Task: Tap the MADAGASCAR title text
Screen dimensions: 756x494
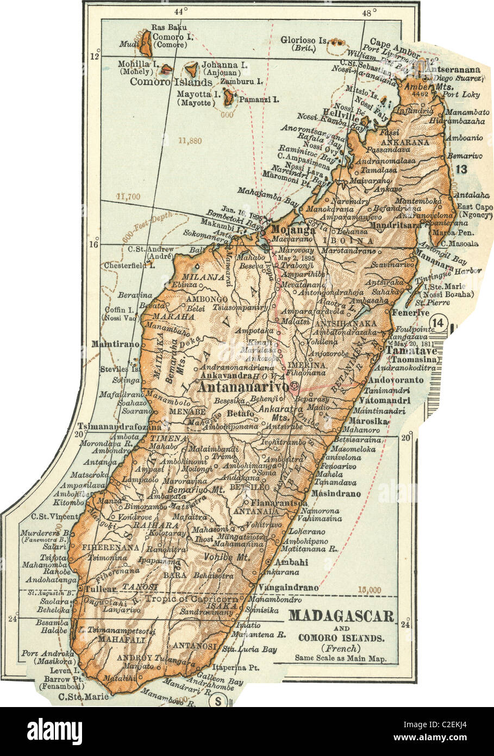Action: [340, 616]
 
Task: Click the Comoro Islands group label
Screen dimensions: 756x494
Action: [171, 82]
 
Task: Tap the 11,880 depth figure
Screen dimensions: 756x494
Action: [189, 140]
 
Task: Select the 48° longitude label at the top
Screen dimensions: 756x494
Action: [370, 12]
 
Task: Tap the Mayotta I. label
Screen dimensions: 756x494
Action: [198, 94]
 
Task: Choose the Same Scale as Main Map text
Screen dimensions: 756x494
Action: [340, 658]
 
